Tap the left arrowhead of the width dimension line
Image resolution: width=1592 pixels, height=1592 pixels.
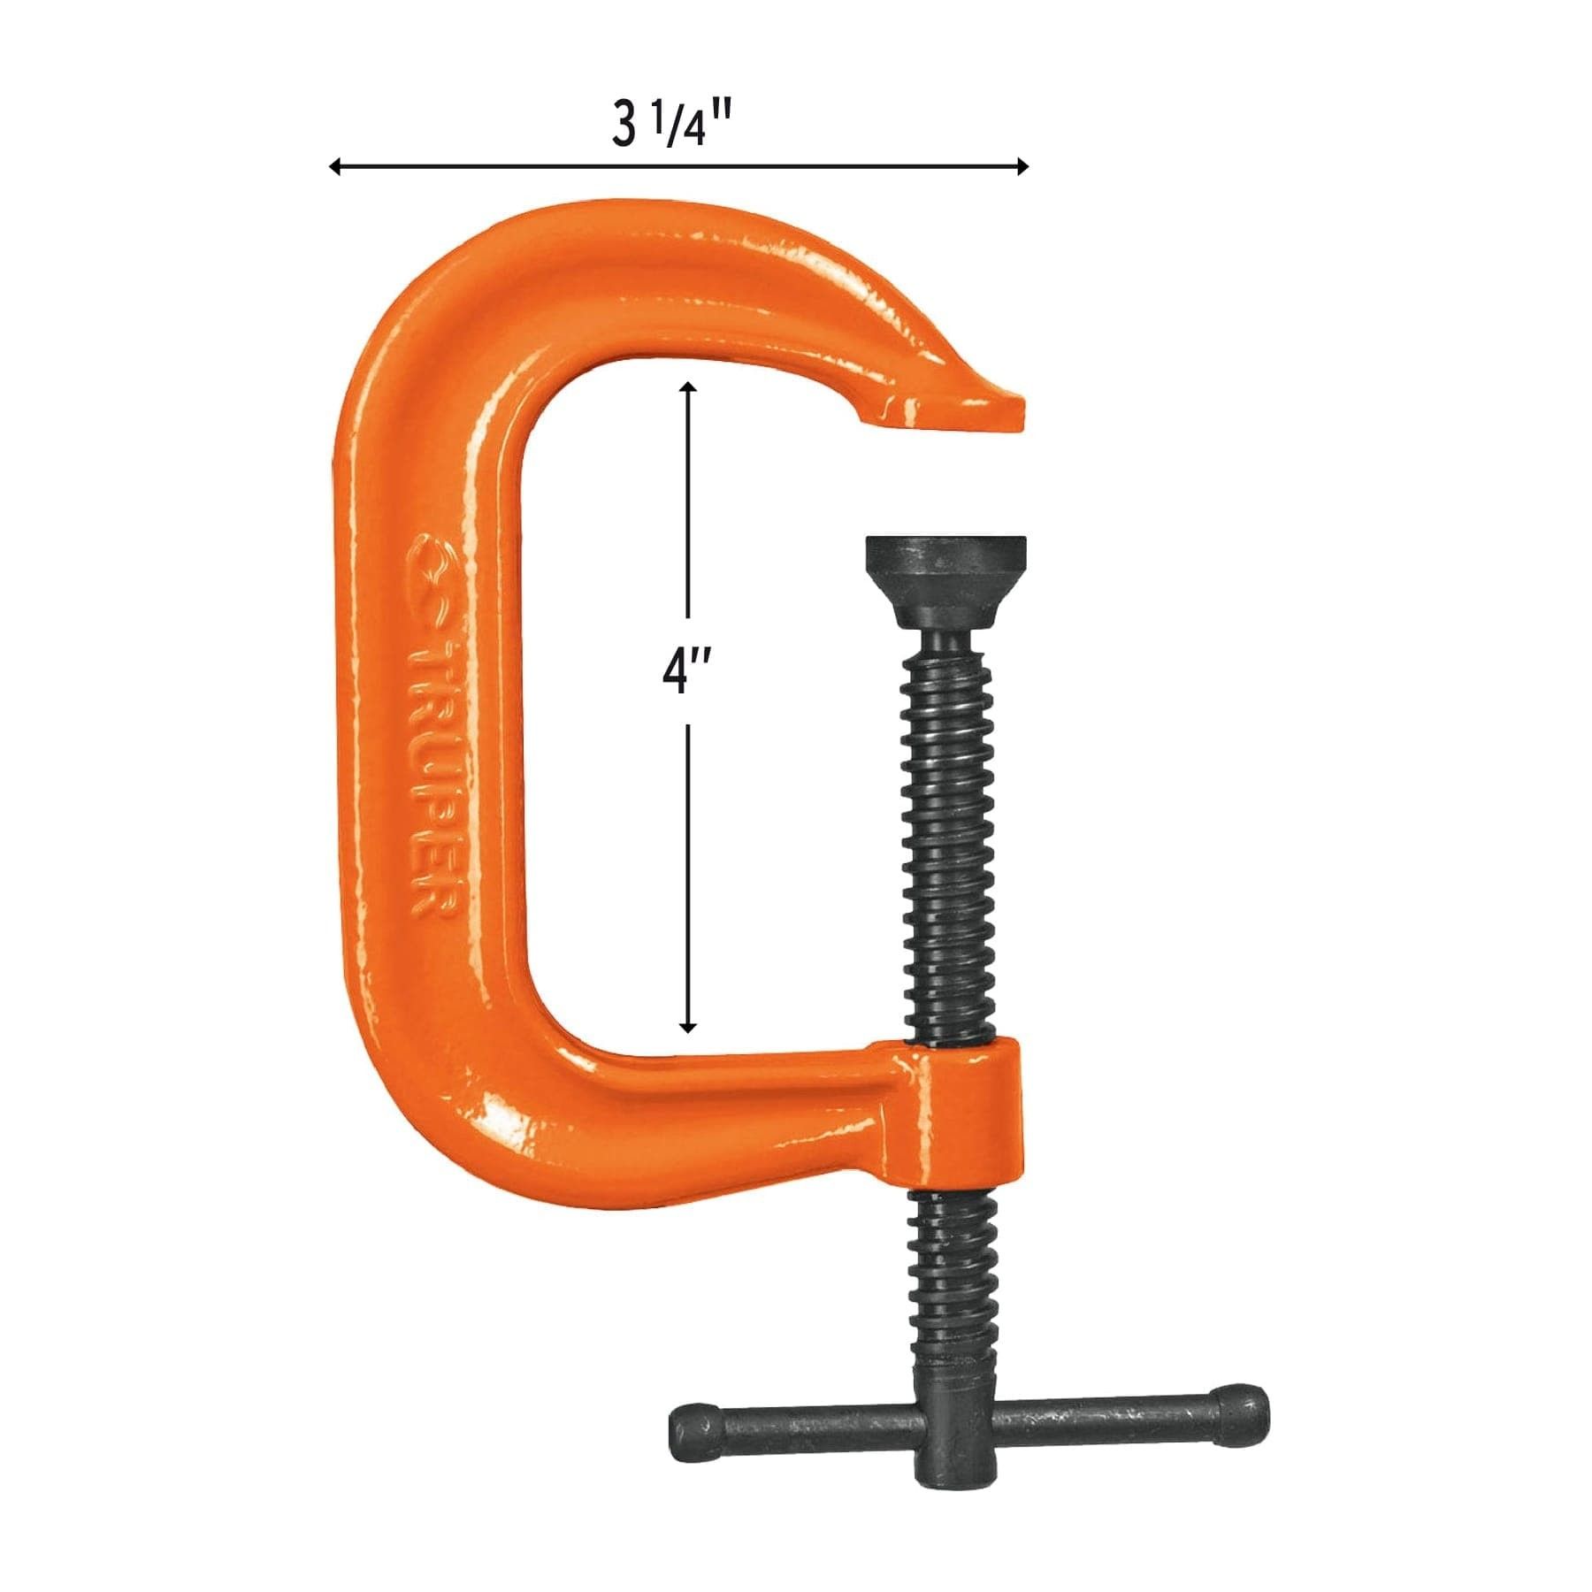[334, 166]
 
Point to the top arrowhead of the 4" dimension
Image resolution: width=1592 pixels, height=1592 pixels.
[688, 387]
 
